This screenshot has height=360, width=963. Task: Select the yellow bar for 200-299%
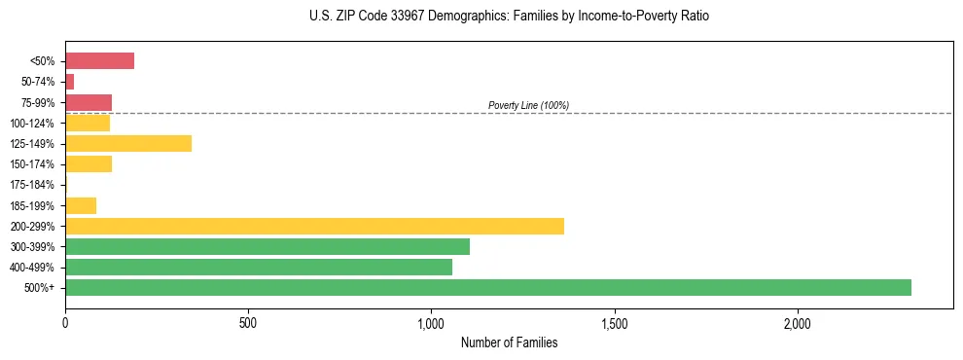[314, 226]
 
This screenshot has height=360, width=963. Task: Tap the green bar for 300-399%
[267, 246]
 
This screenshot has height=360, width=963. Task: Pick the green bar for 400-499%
[259, 267]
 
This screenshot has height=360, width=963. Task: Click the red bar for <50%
[99, 61]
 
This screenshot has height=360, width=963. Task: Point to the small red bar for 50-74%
[70, 82]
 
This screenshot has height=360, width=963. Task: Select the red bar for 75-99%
[89, 102]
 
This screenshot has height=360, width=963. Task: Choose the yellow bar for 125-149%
[128, 144]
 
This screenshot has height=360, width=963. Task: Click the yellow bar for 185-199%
[81, 205]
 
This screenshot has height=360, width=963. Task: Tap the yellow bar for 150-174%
[89, 164]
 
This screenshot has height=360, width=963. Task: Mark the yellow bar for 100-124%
[88, 124]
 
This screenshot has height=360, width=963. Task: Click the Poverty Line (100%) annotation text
[528, 105]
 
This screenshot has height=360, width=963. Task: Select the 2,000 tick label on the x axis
[797, 323]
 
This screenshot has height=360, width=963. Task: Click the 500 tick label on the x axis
[248, 323]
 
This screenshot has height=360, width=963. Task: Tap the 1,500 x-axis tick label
[614, 323]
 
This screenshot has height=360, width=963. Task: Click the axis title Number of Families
[509, 342]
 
